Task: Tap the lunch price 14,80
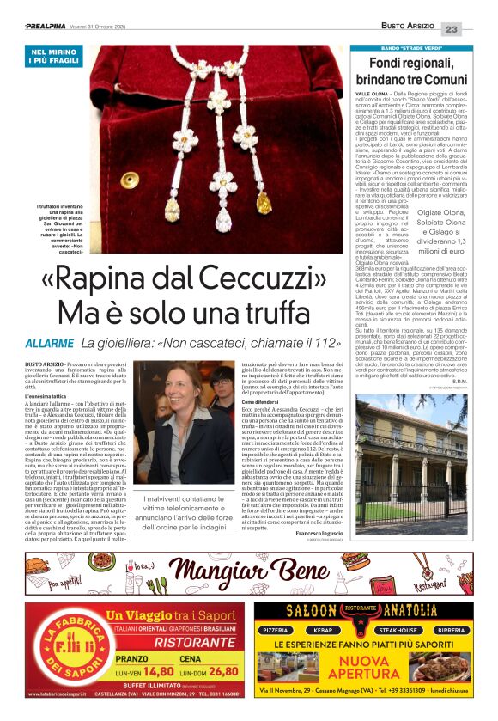(x=158, y=671)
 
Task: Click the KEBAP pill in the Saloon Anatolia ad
(x=329, y=629)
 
